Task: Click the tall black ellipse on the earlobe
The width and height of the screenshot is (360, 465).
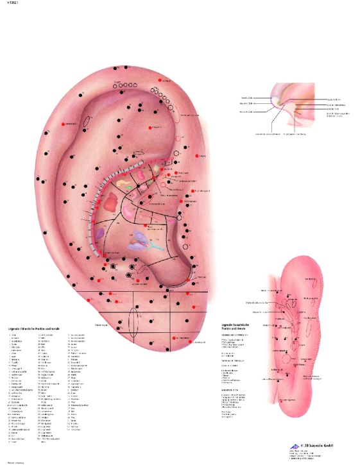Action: tap(134, 320)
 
